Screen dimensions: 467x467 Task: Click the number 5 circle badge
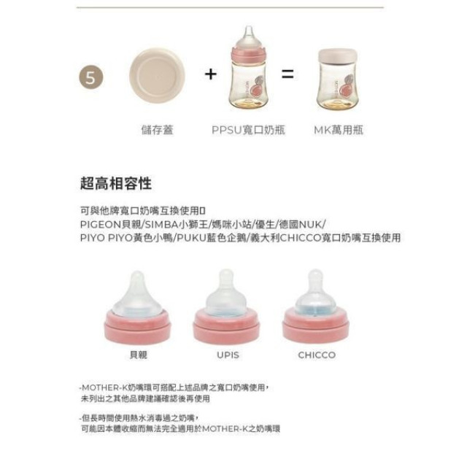(x=90, y=78)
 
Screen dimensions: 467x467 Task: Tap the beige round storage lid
(x=157, y=75)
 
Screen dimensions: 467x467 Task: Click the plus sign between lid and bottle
(x=211, y=74)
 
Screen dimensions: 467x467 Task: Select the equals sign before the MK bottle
(x=287, y=74)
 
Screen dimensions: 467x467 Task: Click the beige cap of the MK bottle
(x=338, y=56)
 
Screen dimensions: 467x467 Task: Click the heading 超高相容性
(x=116, y=182)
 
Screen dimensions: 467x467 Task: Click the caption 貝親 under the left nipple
(x=137, y=355)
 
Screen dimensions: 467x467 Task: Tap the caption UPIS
(x=227, y=355)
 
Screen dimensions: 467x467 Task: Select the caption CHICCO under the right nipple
(x=317, y=355)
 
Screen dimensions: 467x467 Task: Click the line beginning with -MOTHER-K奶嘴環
(x=174, y=387)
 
